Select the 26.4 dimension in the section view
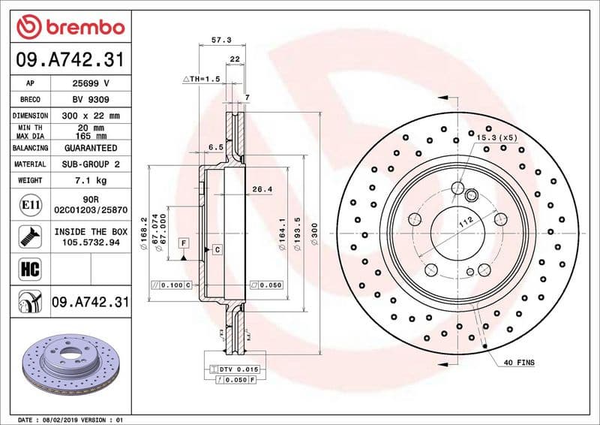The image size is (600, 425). pos(261,189)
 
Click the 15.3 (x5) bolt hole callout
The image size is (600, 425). pos(497,138)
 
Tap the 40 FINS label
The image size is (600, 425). pos(519,363)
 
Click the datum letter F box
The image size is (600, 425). pos(182,242)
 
